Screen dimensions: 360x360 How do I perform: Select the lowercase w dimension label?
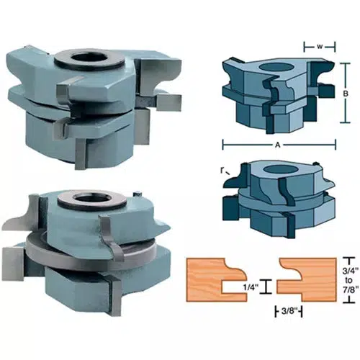click(318, 48)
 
